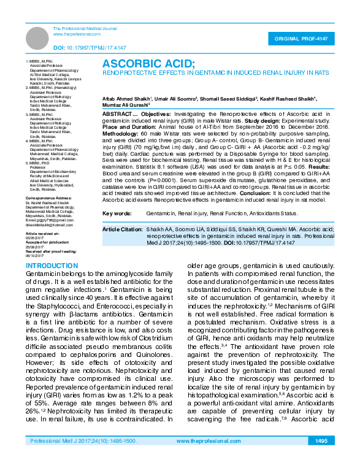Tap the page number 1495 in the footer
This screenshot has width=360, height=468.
tap(321, 458)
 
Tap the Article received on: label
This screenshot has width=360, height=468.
tap(42, 234)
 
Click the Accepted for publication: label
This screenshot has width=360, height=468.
tap(47, 242)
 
